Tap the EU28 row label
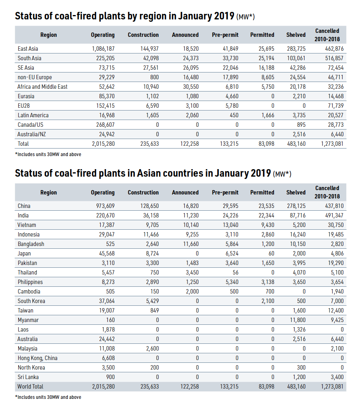coord(24,106)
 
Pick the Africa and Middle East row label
coord(42,87)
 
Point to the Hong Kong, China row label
coord(37,358)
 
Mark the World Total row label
coord(31,387)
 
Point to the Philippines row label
coord(30,282)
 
